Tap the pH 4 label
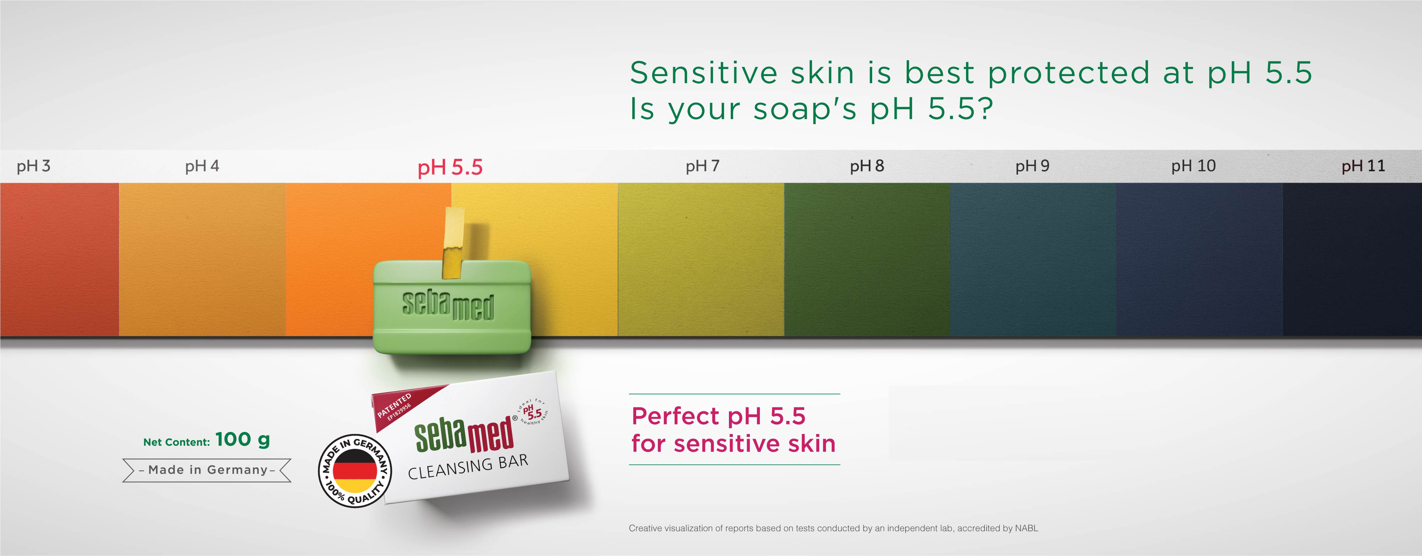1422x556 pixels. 202,166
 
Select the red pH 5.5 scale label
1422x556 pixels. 450,167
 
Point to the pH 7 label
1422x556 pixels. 702,166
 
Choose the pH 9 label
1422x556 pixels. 1032,166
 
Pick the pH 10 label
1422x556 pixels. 1193,166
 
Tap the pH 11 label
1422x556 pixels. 1363,166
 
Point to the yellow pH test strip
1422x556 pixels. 453,243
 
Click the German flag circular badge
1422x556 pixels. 355,470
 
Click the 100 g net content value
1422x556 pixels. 242,439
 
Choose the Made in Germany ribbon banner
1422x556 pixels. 207,470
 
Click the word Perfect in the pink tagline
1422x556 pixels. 675,416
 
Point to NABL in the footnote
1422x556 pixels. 1026,528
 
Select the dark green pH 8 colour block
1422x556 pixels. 866,260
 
